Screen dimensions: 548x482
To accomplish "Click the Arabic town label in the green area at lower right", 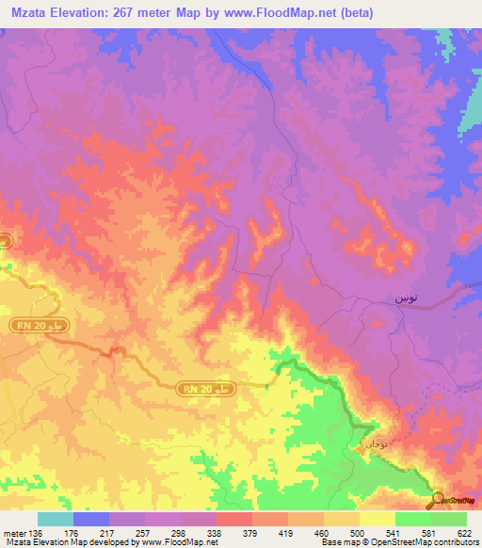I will click(x=375, y=443).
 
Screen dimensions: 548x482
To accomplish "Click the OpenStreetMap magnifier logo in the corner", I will click(x=438, y=500).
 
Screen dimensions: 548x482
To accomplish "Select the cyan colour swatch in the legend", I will click(x=55, y=519).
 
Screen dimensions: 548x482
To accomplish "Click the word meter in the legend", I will click(x=14, y=533).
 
